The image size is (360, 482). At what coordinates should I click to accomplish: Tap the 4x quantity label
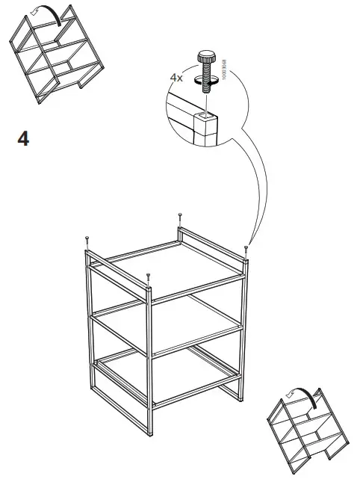coord(178,76)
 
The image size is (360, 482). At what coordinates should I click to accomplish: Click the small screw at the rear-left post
coord(88,239)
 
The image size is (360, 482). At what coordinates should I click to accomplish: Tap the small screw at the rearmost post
coord(180,218)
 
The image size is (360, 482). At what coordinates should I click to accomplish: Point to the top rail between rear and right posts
coord(214,241)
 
